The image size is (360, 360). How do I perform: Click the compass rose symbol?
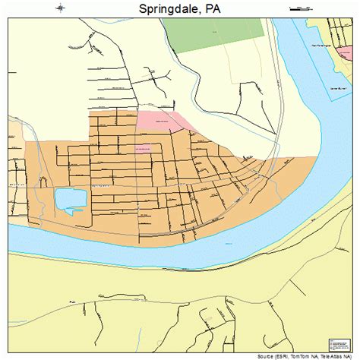coord(60,8)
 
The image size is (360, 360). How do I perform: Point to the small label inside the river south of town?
coord(229,243)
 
